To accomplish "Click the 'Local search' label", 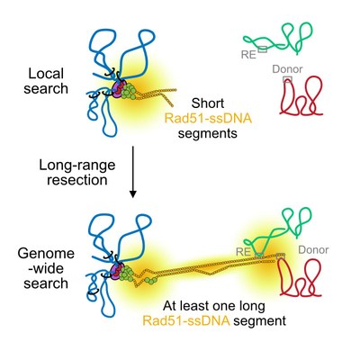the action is (46, 81).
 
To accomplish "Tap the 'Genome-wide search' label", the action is (46, 268).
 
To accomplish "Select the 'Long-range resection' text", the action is (77, 173).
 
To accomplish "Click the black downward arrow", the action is (133, 172).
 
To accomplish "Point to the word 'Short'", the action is (208, 103).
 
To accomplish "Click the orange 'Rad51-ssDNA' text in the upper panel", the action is (209, 119).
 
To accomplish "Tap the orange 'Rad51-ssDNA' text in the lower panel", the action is (186, 321).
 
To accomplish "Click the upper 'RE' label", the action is (248, 55).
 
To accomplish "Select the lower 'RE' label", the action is (244, 252).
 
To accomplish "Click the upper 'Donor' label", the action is (287, 69).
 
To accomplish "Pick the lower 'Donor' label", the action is (313, 250).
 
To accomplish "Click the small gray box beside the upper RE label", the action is (263, 49).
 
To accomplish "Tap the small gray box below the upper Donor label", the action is (287, 79).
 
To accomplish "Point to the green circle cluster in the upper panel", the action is (128, 91).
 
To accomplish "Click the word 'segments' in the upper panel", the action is (208, 133).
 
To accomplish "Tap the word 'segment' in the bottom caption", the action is (260, 321).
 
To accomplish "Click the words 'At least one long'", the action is (214, 306).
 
